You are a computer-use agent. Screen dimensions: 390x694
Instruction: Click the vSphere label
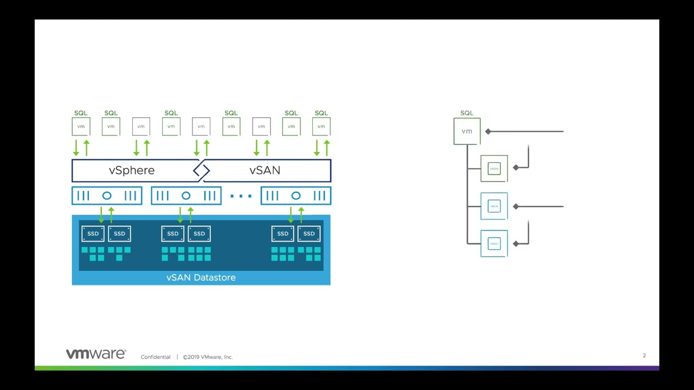(x=132, y=171)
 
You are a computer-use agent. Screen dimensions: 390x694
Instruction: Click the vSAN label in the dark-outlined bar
(x=265, y=171)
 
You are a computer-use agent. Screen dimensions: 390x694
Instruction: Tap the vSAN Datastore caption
(x=201, y=277)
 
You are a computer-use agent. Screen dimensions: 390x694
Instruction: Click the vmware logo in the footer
(x=95, y=354)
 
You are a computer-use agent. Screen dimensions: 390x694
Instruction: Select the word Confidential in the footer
(x=155, y=357)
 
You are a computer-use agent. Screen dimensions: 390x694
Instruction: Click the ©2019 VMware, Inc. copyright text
(x=208, y=357)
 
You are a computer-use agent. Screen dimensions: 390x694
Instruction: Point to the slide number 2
(x=644, y=356)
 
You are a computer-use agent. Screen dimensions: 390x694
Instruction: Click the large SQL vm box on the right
(x=467, y=131)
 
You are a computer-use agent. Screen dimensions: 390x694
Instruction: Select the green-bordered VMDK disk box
(x=494, y=168)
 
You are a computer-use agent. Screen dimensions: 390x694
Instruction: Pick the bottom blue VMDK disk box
(x=494, y=244)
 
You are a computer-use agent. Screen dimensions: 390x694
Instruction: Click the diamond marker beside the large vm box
(x=488, y=131)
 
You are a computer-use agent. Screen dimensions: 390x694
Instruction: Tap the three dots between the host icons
(x=241, y=196)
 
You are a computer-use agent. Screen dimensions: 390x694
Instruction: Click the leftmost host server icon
(x=107, y=196)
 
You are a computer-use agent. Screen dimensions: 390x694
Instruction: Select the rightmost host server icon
(x=295, y=196)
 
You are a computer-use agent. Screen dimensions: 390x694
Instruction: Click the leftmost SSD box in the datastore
(x=93, y=233)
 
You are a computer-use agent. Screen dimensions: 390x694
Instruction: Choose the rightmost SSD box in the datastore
(x=309, y=233)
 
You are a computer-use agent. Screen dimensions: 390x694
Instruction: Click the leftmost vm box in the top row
(x=81, y=127)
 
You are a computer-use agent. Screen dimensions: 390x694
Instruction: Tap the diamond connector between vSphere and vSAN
(x=201, y=171)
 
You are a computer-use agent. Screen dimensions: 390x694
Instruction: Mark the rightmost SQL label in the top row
(x=321, y=113)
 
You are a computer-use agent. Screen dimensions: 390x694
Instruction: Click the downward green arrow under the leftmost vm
(x=76, y=147)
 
